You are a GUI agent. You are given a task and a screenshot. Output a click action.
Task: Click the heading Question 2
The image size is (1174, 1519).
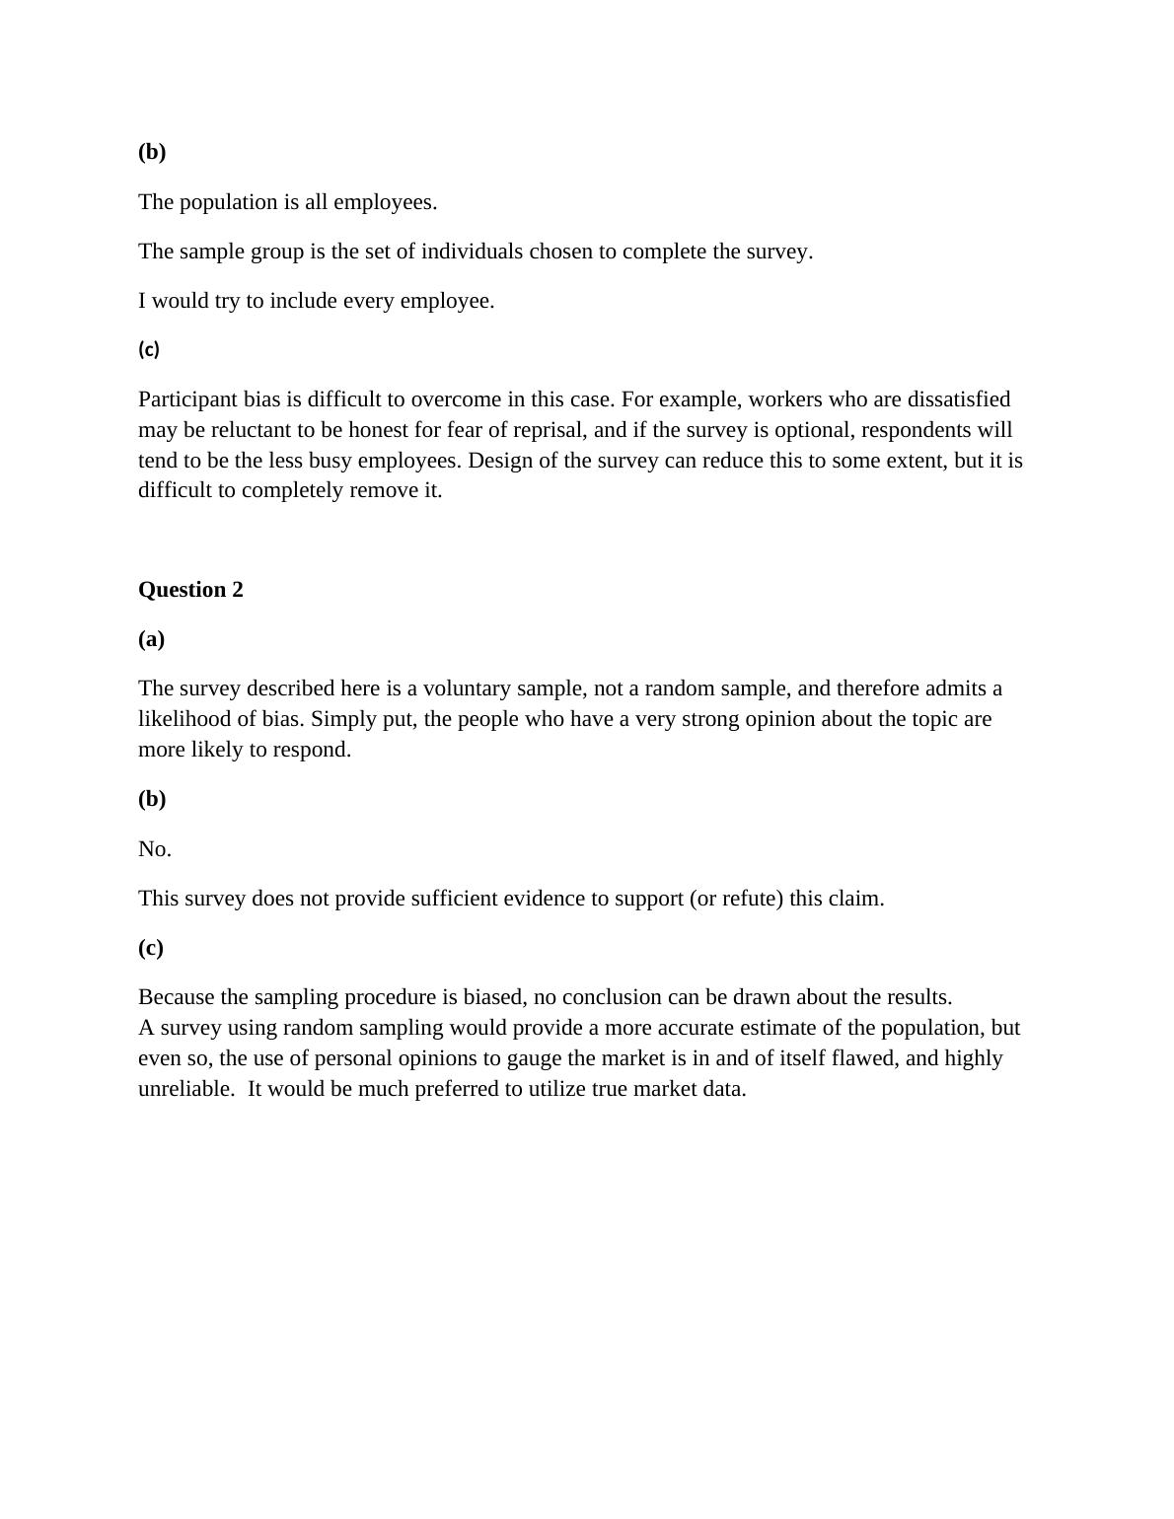click(190, 590)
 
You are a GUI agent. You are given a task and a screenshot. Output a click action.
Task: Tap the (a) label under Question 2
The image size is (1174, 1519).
click(151, 639)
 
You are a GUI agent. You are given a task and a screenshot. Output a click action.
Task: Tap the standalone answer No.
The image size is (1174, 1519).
click(154, 849)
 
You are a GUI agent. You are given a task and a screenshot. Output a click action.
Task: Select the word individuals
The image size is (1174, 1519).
click(472, 252)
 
